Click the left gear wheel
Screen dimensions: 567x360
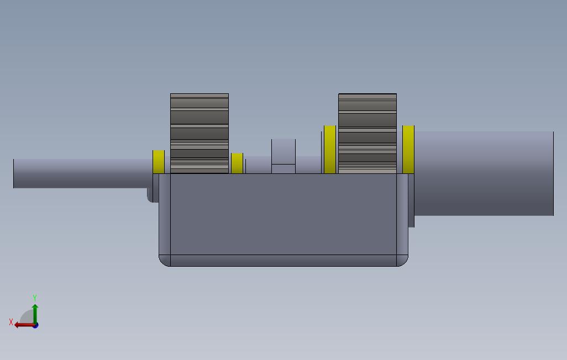(x=200, y=134)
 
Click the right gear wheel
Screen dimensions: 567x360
(x=368, y=134)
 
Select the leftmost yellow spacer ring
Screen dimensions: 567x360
(x=159, y=162)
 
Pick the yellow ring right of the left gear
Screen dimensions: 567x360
(x=237, y=163)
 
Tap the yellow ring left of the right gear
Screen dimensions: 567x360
(x=330, y=149)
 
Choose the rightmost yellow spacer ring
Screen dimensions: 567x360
(x=408, y=149)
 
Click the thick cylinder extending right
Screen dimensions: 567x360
(x=484, y=173)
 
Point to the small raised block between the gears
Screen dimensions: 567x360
(x=283, y=156)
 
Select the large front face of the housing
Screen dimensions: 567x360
(x=283, y=214)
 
